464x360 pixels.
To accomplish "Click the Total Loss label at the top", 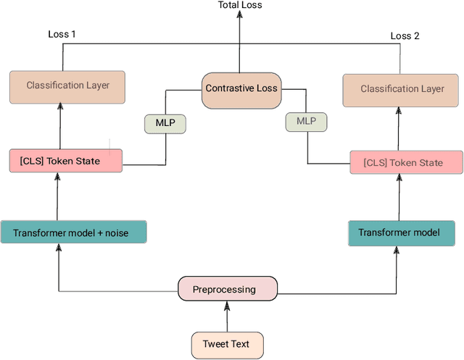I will click(240, 6).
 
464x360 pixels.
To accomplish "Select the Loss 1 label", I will click(62, 34).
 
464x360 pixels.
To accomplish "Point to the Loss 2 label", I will click(405, 35).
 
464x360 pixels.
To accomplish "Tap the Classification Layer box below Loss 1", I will click(67, 85).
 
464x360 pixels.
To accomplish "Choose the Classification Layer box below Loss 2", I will click(402, 89).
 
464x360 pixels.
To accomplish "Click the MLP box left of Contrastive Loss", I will click(165, 124).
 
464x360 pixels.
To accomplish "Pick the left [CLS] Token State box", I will click(65, 161).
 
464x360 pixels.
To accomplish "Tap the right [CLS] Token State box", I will click(406, 163).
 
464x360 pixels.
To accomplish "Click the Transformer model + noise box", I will click(74, 232).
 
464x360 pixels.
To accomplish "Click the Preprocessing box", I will click(228, 290).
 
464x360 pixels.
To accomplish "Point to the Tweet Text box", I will click(228, 345).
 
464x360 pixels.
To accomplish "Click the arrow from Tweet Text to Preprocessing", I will click(228, 317).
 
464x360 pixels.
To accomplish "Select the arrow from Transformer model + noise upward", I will click(60, 196).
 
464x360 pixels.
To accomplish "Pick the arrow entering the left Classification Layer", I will click(60, 125).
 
